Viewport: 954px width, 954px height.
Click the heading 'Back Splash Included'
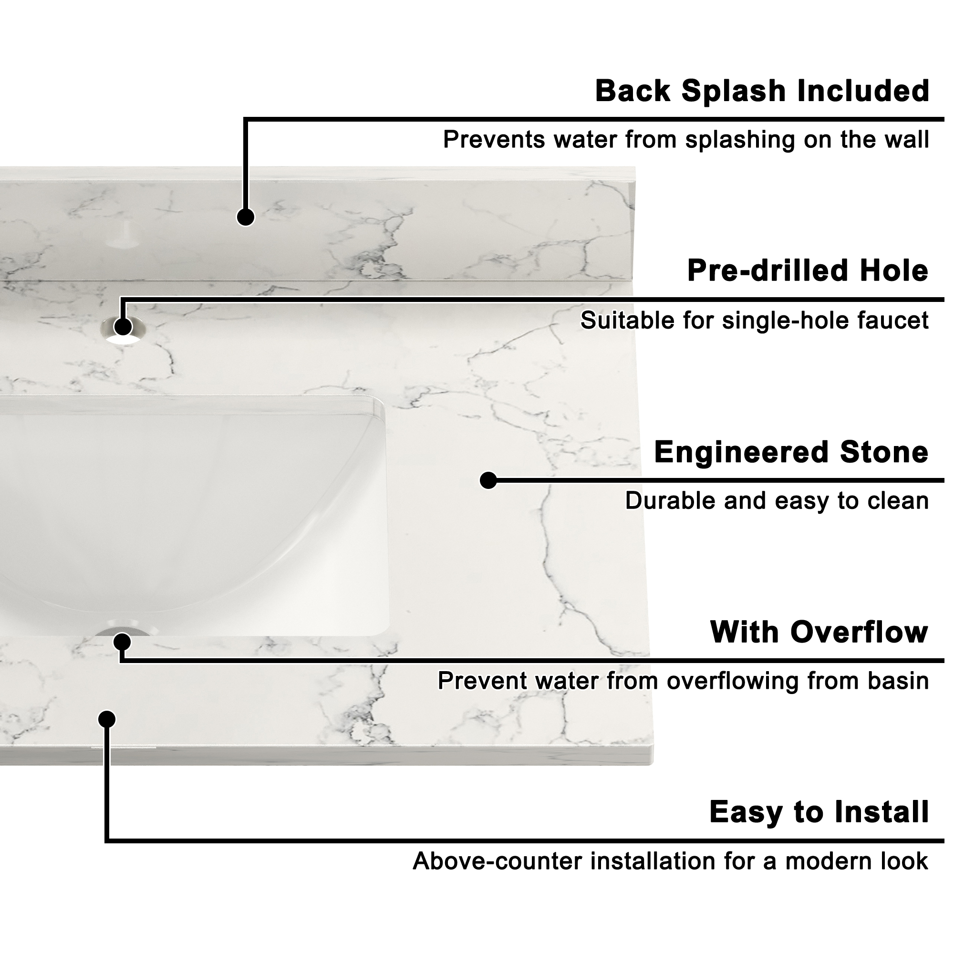click(762, 92)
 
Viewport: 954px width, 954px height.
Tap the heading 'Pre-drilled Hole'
click(808, 271)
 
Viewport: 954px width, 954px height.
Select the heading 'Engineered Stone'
click(790, 452)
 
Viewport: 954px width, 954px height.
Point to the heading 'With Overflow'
click(819, 633)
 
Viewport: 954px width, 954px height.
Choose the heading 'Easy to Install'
click(819, 812)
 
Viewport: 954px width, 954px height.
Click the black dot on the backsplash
click(245, 217)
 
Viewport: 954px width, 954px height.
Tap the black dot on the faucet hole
click(123, 326)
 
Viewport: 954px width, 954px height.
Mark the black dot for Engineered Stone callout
click(488, 480)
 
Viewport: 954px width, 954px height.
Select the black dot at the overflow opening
click(122, 643)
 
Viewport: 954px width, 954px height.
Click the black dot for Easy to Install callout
click(107, 719)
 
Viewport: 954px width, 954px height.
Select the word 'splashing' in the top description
click(741, 140)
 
